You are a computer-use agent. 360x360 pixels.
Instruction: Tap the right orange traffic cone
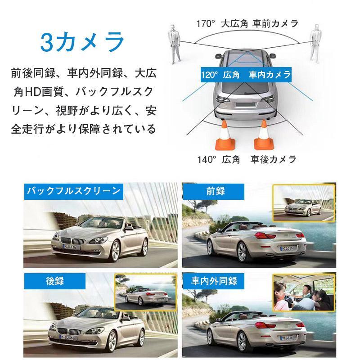click(x=263, y=135)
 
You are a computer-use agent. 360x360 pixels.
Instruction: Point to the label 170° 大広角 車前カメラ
click(x=247, y=23)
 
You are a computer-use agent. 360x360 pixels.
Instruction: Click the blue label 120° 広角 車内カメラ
click(x=246, y=75)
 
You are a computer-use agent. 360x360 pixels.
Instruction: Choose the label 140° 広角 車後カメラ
click(x=247, y=159)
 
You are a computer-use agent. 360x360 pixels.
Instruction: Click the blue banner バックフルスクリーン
click(x=73, y=191)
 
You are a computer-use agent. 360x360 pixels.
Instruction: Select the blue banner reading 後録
click(x=55, y=281)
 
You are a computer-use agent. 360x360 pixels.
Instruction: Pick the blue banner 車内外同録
click(x=214, y=281)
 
